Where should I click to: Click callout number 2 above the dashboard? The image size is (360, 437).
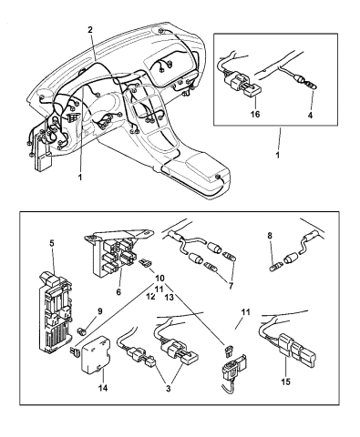tap(89, 30)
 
